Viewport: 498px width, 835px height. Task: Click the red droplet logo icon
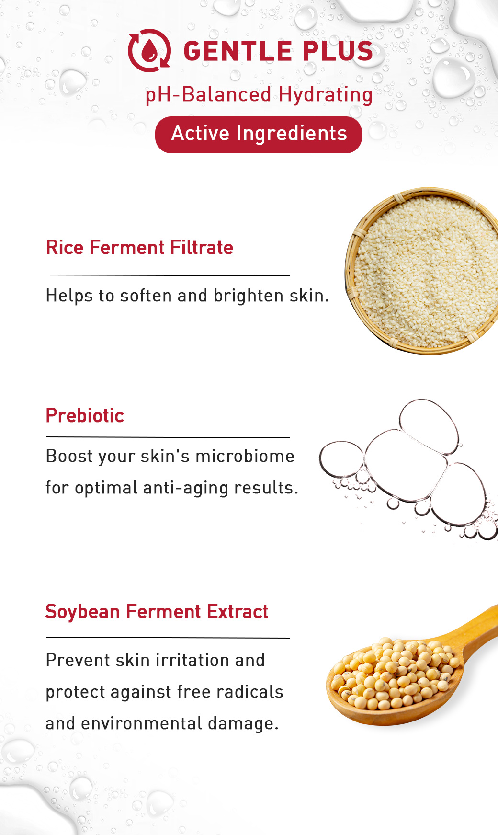pyautogui.click(x=149, y=50)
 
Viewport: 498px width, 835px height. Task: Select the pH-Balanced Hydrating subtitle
pyautogui.click(x=259, y=94)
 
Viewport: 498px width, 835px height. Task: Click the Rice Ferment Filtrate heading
pyautogui.click(x=139, y=247)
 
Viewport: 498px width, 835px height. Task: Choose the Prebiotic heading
pyautogui.click(x=85, y=415)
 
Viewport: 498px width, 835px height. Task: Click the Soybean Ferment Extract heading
pyautogui.click(x=157, y=611)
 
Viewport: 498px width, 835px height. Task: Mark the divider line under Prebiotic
pyautogui.click(x=168, y=437)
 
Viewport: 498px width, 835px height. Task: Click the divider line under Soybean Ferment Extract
pyautogui.click(x=168, y=638)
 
